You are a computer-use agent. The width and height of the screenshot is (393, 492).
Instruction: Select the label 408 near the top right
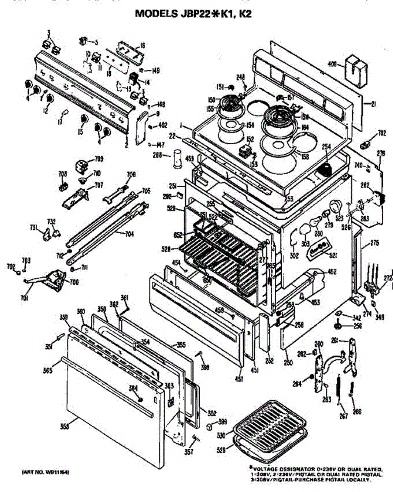pos(333,64)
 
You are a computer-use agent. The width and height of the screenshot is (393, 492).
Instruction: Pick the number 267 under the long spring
pos(344,416)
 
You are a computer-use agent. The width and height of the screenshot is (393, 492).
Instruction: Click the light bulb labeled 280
pos(315,222)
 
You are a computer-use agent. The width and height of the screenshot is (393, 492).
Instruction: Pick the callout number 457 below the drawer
pos(240,379)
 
